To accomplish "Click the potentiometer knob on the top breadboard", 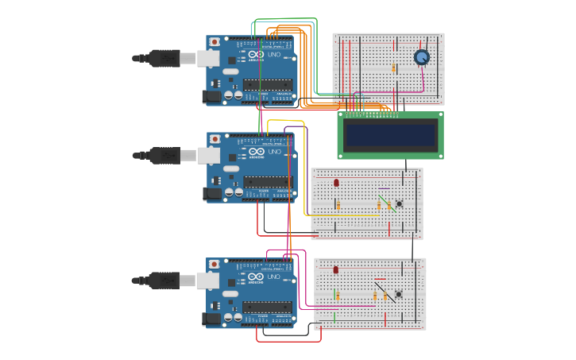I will point(421,57).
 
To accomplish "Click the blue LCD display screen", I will point(390,134).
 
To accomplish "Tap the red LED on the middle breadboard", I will point(336,183).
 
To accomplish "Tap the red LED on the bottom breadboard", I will point(335,270).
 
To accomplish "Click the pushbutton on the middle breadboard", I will point(399,203).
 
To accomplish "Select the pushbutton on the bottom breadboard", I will point(398,294).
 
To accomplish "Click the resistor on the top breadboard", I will point(393,68).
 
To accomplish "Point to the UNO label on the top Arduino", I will point(274,55).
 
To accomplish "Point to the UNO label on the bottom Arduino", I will point(274,277).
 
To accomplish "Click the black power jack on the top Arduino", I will point(211,97).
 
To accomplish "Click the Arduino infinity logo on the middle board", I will point(256,151).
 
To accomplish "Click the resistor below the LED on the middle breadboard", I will point(338,205).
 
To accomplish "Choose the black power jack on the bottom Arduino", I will point(211,319).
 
